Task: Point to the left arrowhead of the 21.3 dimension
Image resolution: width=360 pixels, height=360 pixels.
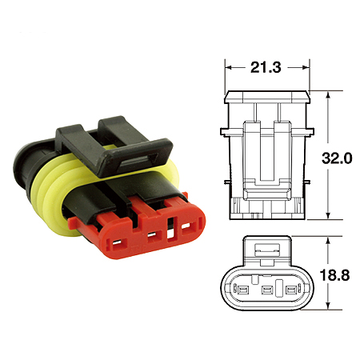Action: coord(227,69)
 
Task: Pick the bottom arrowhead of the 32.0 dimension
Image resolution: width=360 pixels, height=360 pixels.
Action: coord(329,218)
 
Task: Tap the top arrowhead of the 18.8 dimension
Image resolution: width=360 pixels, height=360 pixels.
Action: coord(329,239)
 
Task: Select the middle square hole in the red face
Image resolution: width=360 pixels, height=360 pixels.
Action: coord(149,237)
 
